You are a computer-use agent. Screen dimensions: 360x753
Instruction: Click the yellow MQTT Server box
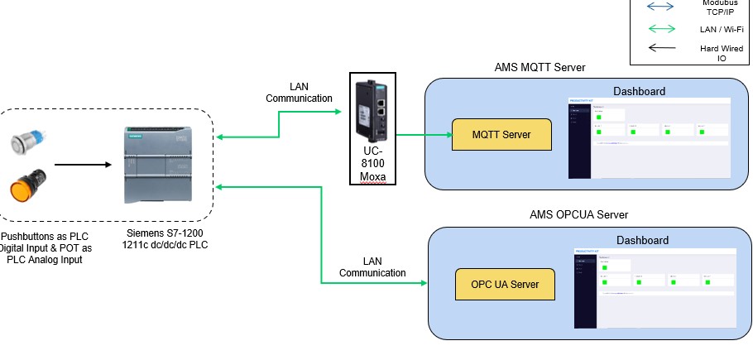[x=501, y=134]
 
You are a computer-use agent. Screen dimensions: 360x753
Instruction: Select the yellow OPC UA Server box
[x=505, y=284]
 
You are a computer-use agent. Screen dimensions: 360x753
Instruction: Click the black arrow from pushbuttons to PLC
[x=82, y=165]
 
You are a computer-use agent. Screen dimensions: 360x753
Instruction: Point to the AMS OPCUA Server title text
[x=578, y=214]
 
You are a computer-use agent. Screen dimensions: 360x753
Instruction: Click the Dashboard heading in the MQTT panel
[x=639, y=90]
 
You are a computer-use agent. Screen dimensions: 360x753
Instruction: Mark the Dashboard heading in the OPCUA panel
[x=642, y=240]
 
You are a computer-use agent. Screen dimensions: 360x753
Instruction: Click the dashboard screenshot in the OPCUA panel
[x=653, y=281]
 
